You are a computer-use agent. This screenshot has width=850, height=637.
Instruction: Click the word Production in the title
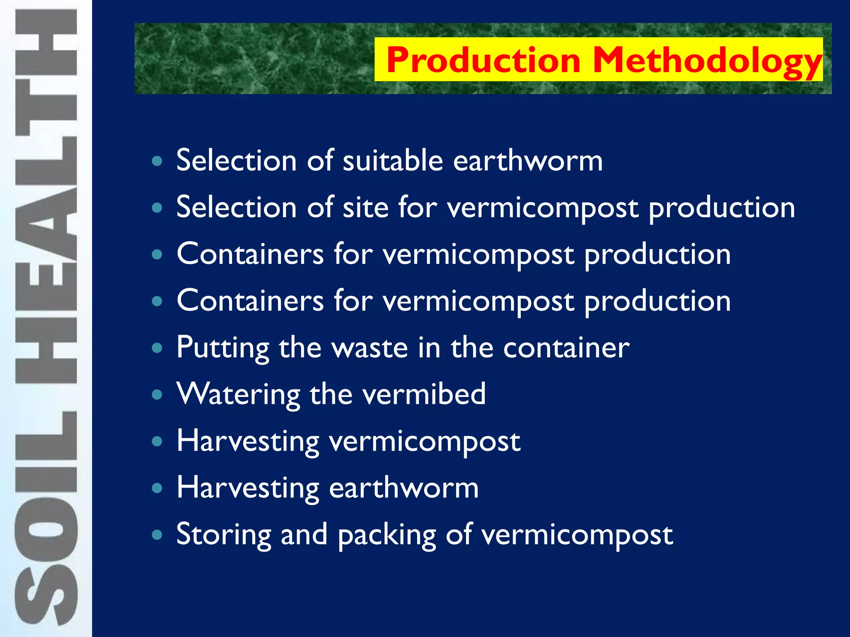pyautogui.click(x=484, y=61)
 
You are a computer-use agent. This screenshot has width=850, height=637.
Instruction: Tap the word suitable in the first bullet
pyautogui.click(x=393, y=160)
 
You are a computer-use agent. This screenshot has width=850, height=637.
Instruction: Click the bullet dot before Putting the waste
pyautogui.click(x=157, y=348)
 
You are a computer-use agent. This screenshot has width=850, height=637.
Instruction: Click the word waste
pyautogui.click(x=370, y=348)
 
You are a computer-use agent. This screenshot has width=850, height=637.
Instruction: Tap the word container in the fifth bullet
pyautogui.click(x=566, y=348)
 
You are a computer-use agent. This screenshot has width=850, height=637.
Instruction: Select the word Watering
pyautogui.click(x=238, y=394)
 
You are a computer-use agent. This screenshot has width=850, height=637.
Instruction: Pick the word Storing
pyautogui.click(x=223, y=535)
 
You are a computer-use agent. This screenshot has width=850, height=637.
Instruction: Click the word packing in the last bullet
pyautogui.click(x=386, y=535)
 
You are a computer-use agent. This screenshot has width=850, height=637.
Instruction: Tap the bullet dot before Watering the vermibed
pyautogui.click(x=157, y=394)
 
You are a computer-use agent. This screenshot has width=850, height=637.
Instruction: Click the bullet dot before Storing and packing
pyautogui.click(x=157, y=535)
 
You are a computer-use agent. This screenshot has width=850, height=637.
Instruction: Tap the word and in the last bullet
pyautogui.click(x=304, y=535)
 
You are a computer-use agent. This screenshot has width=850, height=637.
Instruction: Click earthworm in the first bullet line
pyautogui.click(x=528, y=160)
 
